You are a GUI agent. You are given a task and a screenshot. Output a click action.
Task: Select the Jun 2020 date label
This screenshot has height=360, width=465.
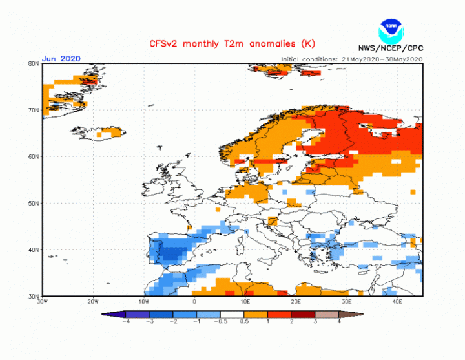tap(61, 59)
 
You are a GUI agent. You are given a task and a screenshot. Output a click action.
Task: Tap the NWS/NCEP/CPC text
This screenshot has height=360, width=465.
tap(391, 48)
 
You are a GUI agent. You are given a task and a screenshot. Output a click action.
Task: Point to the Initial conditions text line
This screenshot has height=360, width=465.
tap(351, 59)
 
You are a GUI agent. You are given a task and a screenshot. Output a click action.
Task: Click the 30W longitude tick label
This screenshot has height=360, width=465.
tap(43, 301)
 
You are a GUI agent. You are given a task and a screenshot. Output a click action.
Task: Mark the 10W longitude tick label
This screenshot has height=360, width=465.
tap(143, 301)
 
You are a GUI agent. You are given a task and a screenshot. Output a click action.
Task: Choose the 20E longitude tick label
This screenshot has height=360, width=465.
tap(296, 301)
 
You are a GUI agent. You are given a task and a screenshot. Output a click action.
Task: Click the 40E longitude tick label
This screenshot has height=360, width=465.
tap(397, 301)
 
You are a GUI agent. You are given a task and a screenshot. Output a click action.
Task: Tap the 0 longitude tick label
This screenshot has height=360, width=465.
tap(194, 301)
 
